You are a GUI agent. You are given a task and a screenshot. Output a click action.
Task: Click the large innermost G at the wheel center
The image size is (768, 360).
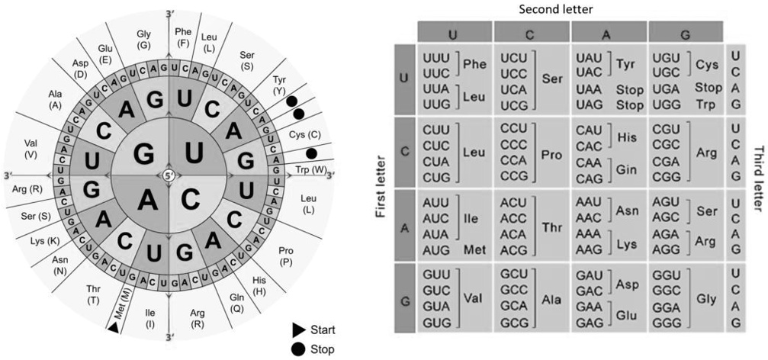[x=143, y=153]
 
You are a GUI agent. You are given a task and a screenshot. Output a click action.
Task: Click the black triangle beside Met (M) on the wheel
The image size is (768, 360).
[x=112, y=327]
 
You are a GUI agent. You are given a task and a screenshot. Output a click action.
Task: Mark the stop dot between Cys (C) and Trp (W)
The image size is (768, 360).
[x=311, y=153]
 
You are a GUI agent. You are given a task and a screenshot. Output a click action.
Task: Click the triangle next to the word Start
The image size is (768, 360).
[x=297, y=330]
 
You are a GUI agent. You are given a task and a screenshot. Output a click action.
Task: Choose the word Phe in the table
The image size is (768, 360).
[x=474, y=63]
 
